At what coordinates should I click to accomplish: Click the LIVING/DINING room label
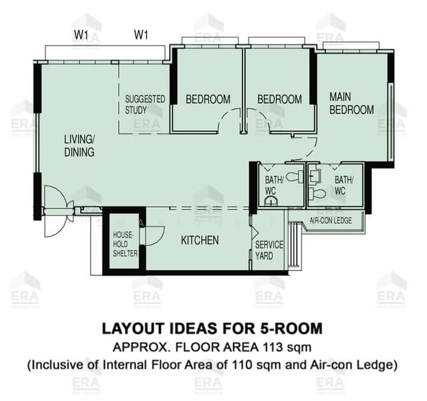click(x=80, y=146)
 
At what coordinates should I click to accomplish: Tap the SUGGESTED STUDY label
click(x=145, y=104)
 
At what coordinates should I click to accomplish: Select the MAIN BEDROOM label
click(x=351, y=104)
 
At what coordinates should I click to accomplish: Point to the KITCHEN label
click(x=200, y=240)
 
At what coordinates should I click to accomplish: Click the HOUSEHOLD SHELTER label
click(x=125, y=244)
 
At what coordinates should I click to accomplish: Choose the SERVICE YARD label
click(x=269, y=250)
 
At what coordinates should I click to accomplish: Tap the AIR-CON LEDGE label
click(x=331, y=220)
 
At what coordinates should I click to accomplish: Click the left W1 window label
click(x=81, y=35)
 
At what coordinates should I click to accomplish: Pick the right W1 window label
click(x=141, y=35)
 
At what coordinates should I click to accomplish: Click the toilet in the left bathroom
click(x=295, y=176)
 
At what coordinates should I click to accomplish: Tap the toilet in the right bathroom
click(x=317, y=193)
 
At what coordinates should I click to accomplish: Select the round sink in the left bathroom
click(x=271, y=200)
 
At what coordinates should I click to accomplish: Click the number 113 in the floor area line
click(x=273, y=348)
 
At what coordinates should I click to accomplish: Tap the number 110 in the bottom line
click(x=241, y=365)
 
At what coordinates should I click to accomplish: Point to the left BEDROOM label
click(x=208, y=99)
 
